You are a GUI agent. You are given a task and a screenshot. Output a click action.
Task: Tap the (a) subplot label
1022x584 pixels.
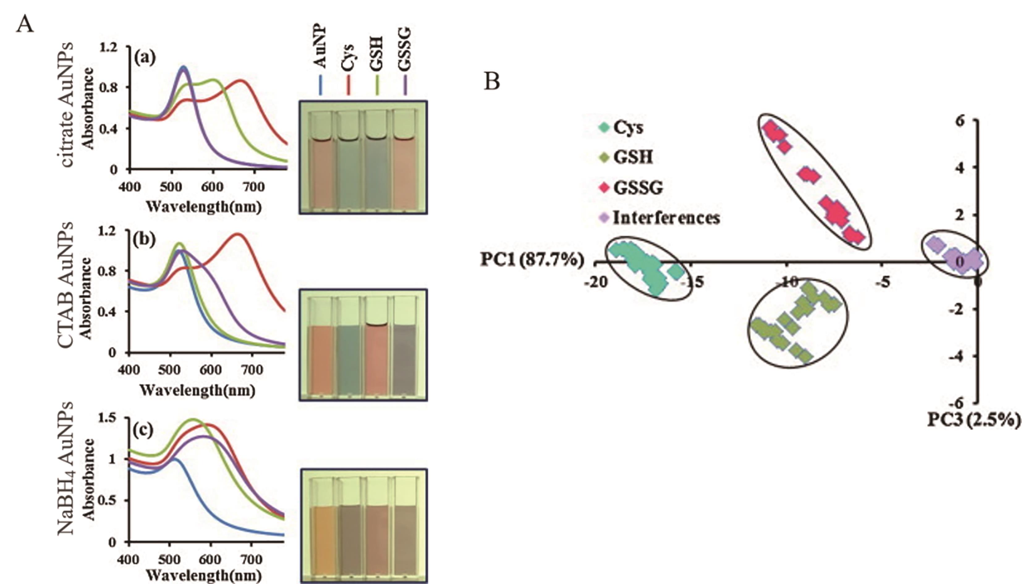(x=145, y=58)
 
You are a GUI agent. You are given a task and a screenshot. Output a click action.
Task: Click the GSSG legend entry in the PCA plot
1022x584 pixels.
(x=638, y=188)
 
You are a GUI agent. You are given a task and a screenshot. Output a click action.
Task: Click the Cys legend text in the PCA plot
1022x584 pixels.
(x=628, y=128)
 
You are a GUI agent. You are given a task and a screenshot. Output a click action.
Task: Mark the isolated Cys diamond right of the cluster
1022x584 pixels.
(x=676, y=272)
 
